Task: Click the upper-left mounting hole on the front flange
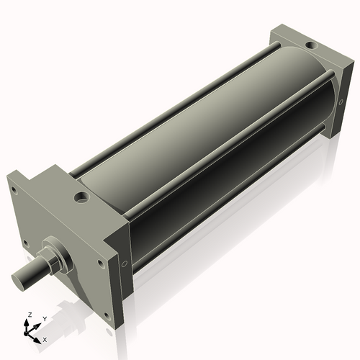(x=13, y=192)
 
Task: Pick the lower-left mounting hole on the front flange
(x=26, y=243)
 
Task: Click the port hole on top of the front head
(x=82, y=196)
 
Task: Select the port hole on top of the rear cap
(x=310, y=45)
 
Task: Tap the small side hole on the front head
(x=124, y=264)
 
